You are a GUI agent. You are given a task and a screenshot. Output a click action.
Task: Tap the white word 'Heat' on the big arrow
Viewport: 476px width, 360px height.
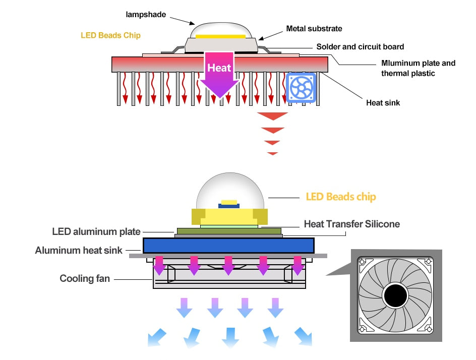(219, 68)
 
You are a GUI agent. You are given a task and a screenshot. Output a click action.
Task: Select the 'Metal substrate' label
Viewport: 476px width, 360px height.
(314, 29)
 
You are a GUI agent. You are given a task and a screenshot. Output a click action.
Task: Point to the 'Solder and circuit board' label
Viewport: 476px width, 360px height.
(360, 47)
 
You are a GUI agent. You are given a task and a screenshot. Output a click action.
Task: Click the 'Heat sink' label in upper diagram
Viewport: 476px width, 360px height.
(383, 102)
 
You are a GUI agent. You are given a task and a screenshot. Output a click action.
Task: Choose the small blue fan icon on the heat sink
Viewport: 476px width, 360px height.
(301, 88)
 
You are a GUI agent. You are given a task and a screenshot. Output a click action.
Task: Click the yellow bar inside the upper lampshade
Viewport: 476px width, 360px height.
(221, 36)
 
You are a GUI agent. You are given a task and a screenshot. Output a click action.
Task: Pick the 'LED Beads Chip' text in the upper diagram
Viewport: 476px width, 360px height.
(110, 35)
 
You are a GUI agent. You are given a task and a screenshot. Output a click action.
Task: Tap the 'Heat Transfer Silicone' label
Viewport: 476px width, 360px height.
(351, 223)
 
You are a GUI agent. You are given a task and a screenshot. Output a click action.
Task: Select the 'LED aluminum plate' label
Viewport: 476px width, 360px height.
(96, 232)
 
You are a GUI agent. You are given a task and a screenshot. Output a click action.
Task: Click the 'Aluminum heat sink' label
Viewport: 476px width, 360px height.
(79, 250)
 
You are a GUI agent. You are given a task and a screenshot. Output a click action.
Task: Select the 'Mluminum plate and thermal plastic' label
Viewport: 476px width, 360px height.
(418, 68)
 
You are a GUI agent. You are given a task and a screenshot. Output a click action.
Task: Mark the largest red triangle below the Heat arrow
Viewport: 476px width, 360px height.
(272, 116)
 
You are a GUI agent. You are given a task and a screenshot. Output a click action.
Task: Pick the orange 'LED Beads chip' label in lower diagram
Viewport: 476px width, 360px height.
(341, 197)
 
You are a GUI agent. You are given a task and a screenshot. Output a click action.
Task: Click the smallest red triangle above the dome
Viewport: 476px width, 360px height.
(272, 153)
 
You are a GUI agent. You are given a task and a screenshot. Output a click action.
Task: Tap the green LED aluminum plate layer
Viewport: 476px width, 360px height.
(228, 231)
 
